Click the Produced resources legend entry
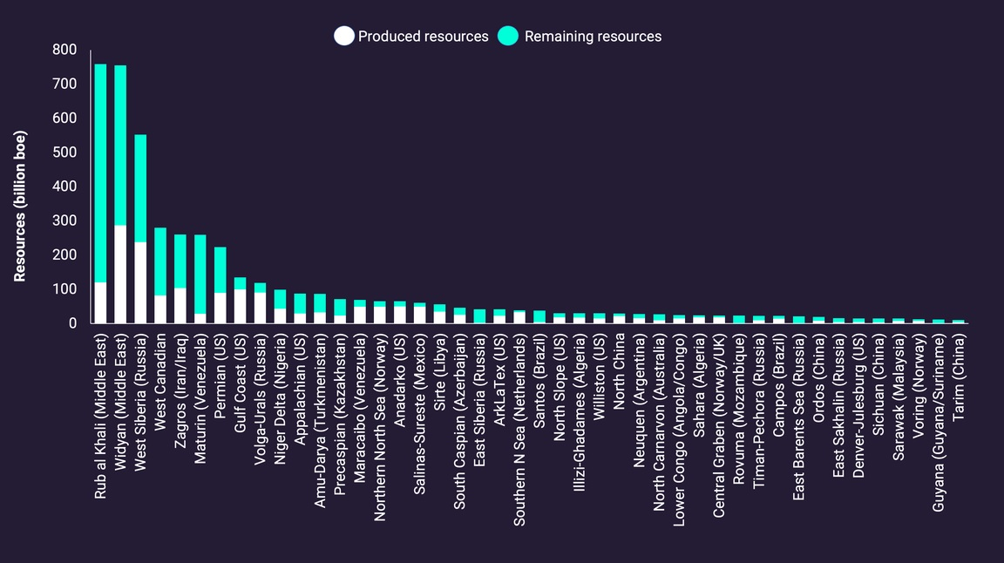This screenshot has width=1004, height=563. coord(411,37)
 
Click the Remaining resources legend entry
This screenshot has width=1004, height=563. coord(580,37)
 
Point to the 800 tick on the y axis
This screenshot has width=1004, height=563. coord(64,51)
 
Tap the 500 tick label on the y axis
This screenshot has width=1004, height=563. coord(64,153)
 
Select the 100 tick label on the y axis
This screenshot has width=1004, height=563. coord(64,289)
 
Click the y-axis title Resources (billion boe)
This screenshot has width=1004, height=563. coord(20,206)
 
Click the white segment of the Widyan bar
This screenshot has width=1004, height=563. coord(120,274)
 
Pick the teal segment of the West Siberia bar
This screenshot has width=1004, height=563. coord(140,187)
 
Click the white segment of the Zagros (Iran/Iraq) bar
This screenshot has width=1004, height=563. coord(180,305)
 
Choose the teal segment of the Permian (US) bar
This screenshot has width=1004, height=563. coord(220,269)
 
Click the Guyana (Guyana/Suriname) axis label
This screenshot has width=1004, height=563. coord(939,417)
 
